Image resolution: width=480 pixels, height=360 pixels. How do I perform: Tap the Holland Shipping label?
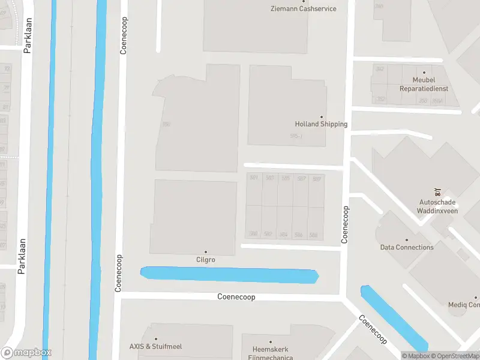[321, 124]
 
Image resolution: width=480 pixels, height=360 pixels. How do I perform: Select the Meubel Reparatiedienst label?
[424, 84]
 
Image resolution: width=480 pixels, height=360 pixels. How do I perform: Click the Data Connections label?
[407, 247]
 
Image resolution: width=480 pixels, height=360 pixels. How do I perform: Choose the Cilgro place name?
[205, 260]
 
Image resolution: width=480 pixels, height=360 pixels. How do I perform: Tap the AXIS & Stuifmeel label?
[155, 346]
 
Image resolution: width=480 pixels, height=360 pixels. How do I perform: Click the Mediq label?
[464, 305]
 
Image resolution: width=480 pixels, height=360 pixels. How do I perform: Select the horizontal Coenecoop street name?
[236, 297]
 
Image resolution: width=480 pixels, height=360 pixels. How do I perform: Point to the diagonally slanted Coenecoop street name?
[373, 329]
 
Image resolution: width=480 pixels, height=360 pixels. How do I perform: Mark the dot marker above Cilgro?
[205, 252]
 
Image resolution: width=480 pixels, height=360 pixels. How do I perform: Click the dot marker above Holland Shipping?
[321, 116]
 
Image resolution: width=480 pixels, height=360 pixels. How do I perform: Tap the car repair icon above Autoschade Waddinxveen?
[439, 192]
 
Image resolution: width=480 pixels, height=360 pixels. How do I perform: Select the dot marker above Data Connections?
[407, 239]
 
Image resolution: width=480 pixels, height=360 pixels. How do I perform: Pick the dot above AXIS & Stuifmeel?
[155, 339]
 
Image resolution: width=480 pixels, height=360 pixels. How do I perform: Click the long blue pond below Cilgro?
[230, 275]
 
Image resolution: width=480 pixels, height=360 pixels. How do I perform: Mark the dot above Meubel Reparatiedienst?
[424, 71]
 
